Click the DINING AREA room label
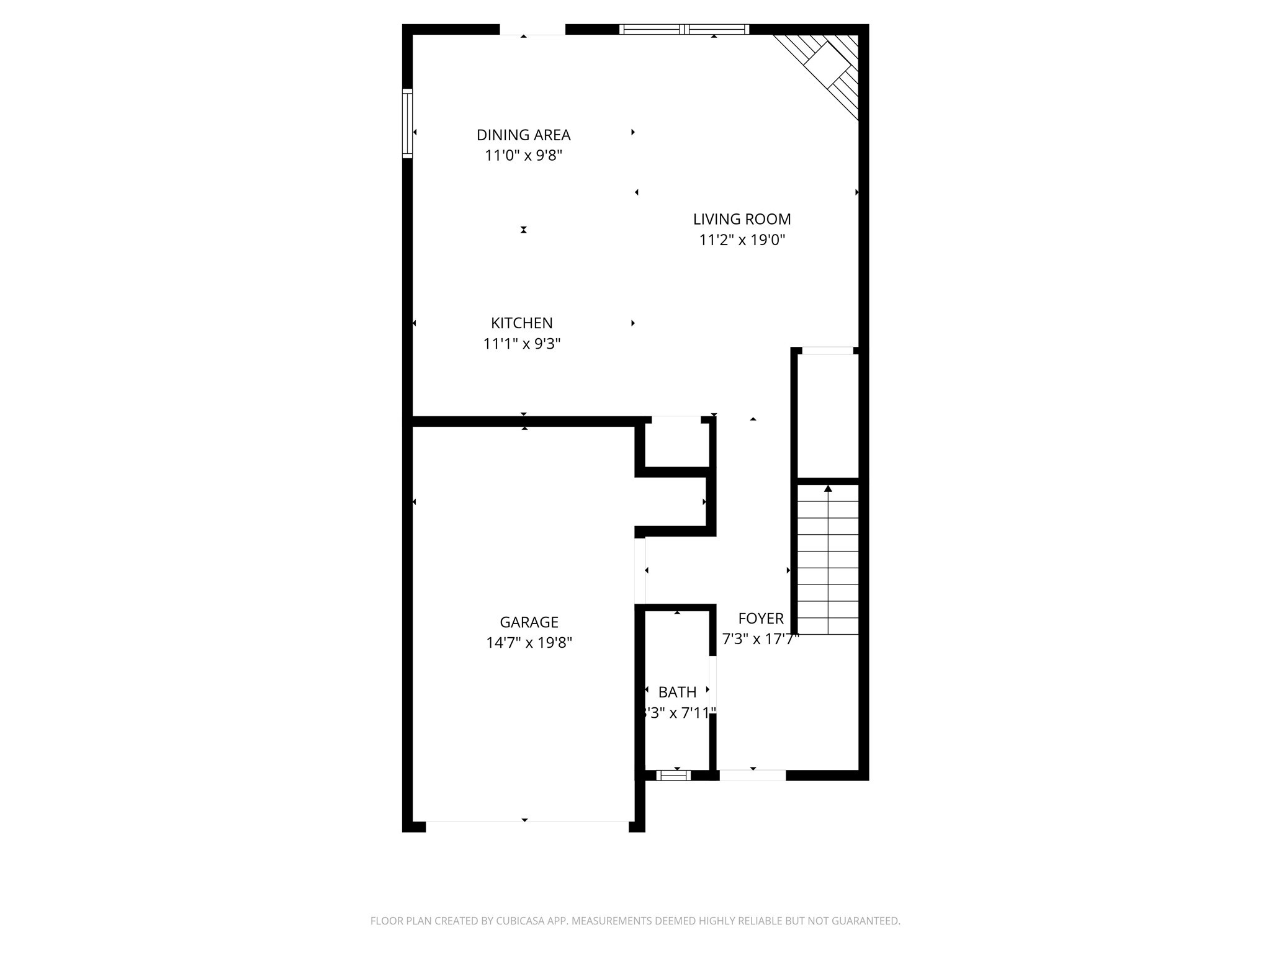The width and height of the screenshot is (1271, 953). point(523,135)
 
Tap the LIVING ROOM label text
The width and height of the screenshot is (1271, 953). point(742,219)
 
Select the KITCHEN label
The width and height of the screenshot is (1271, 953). point(521,323)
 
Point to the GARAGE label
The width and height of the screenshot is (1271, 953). point(529,622)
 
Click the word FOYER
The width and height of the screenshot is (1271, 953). point(761,618)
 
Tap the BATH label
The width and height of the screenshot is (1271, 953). point(677,692)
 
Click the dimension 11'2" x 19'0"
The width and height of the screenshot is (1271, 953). point(742,239)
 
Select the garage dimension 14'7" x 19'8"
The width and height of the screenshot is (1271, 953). point(529,642)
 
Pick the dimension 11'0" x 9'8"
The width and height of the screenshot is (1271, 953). point(523,155)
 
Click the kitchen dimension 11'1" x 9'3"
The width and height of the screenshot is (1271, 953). point(521,343)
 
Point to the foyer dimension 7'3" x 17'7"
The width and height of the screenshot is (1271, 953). point(760,638)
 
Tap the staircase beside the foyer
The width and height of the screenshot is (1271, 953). point(828,558)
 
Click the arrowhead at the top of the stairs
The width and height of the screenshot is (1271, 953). point(828,489)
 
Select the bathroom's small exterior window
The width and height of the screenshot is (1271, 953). point(673,775)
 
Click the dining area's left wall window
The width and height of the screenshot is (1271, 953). point(407,123)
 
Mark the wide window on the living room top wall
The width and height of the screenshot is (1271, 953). point(684,29)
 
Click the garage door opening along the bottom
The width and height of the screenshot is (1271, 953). point(527,826)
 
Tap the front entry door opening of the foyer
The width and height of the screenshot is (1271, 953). point(752,775)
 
